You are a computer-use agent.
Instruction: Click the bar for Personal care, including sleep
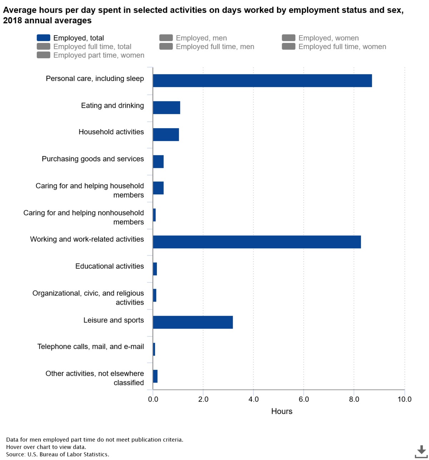click(262, 81)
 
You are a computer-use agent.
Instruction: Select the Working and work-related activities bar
click(257, 242)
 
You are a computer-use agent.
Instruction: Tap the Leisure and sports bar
click(193, 322)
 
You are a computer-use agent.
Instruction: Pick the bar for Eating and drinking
click(166, 108)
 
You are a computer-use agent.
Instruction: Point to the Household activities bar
click(166, 135)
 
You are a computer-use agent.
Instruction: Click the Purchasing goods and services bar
click(158, 161)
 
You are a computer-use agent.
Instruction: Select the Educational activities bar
click(155, 269)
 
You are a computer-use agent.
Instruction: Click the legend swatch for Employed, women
click(289, 38)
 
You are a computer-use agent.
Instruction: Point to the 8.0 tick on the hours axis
click(354, 399)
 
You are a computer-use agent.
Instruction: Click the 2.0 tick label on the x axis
click(203, 399)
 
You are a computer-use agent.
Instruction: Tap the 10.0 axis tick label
click(404, 399)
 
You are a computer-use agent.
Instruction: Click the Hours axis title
click(282, 411)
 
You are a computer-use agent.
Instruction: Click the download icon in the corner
click(421, 451)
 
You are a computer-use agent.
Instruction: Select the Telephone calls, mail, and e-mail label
click(90, 347)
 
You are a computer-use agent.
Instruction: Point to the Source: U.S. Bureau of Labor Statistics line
click(58, 454)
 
